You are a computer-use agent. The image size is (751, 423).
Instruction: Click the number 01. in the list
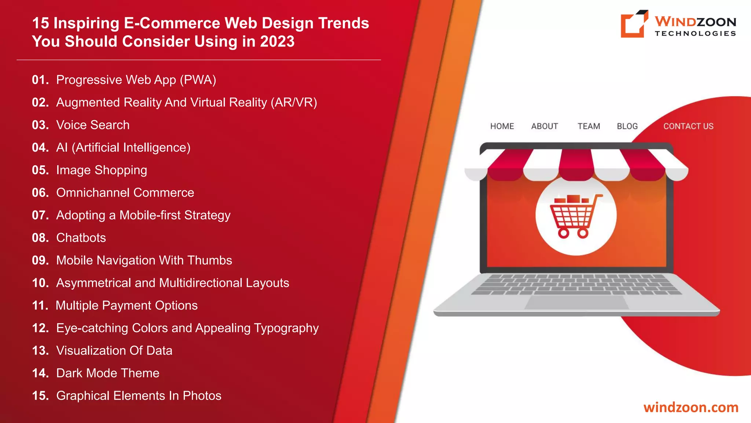coord(40,80)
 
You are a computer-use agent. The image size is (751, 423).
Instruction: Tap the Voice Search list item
coord(93,125)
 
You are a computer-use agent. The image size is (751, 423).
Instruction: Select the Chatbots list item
coord(81,238)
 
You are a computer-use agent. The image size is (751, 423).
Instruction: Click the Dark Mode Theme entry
coord(108,373)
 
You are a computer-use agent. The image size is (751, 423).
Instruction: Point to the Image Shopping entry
coord(102,170)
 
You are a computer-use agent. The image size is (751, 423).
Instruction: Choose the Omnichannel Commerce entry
coord(125,192)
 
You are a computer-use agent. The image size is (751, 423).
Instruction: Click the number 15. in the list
coord(40,395)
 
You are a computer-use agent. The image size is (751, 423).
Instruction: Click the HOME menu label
coord(502,126)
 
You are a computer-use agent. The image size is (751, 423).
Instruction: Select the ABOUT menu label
coord(545,126)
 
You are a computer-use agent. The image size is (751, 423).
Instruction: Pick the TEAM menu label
coord(589,126)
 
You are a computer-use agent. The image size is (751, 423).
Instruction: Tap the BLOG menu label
coord(627,126)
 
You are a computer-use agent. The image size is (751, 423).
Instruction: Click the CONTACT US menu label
coord(688,126)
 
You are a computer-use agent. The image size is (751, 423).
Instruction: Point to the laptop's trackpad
coord(577,302)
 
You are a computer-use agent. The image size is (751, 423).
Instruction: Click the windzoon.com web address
coord(691,407)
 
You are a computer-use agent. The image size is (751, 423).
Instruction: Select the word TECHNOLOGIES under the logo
coord(695,33)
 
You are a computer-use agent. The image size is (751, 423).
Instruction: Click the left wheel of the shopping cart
coord(564,233)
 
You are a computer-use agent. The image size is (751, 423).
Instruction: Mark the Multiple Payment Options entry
coord(127,305)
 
